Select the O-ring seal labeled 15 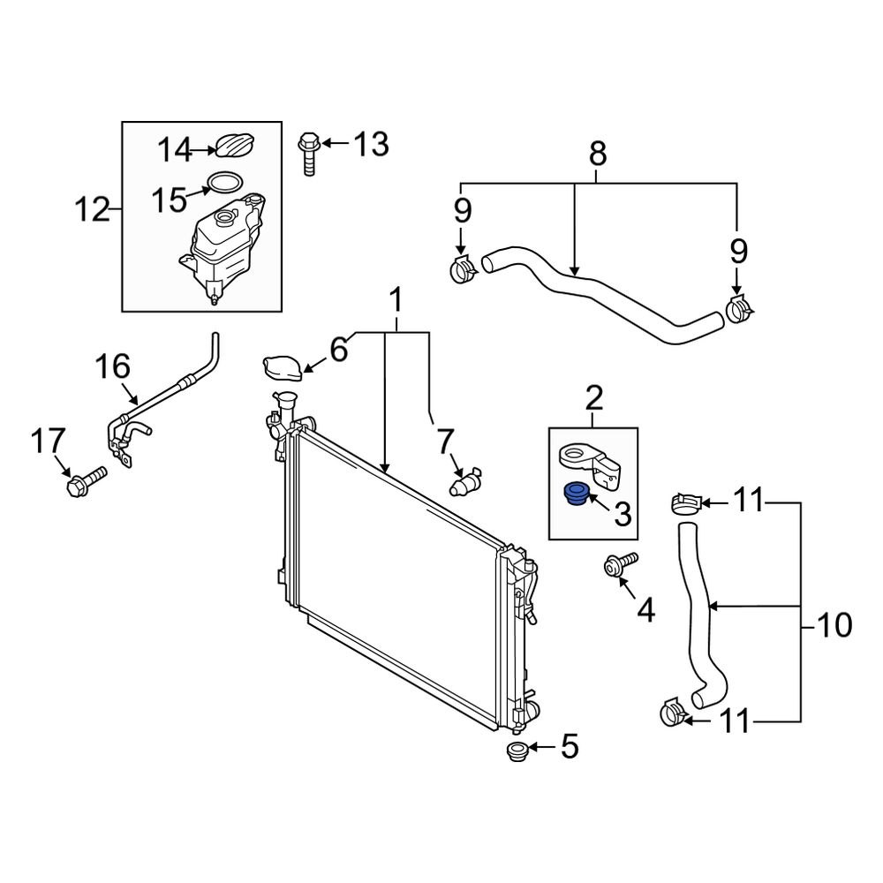click(x=224, y=184)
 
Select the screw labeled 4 click(x=618, y=567)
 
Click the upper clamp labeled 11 click(x=685, y=503)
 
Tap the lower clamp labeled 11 click(x=675, y=712)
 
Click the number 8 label click(x=598, y=155)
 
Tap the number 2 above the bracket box click(x=593, y=399)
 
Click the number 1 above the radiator click(x=396, y=301)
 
